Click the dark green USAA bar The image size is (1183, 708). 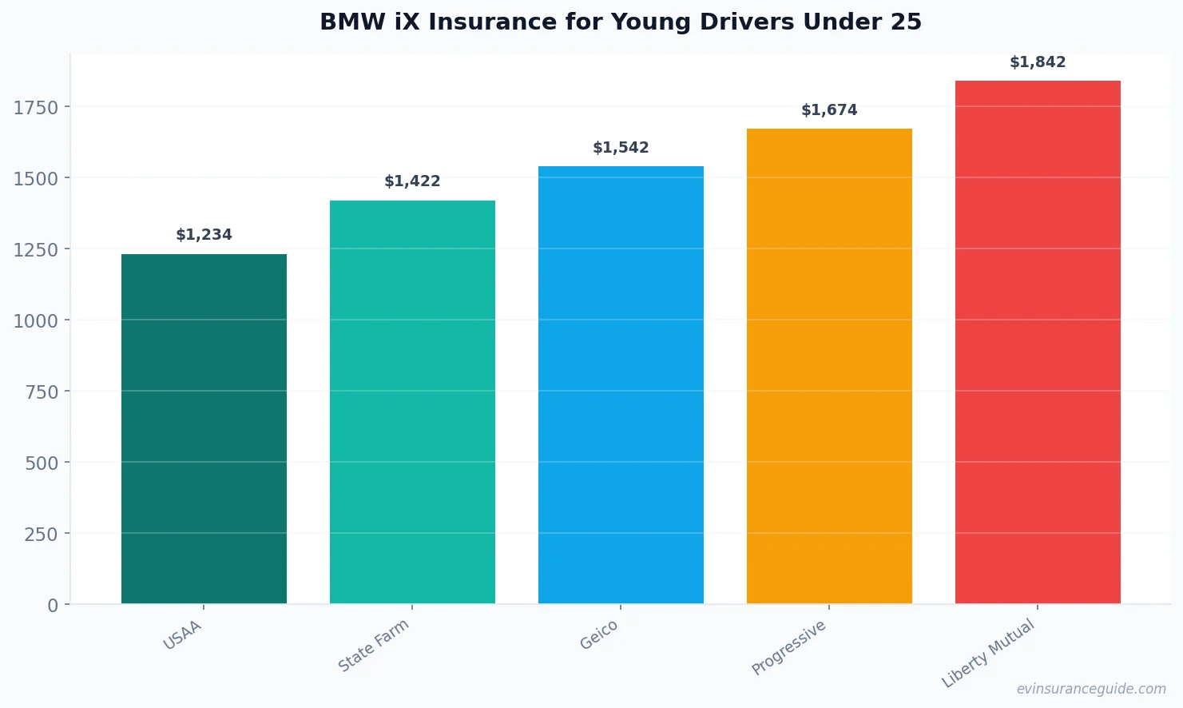pos(204,428)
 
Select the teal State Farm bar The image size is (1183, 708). pos(412,402)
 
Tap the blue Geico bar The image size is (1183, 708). pos(621,384)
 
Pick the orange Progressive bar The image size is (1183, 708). pos(829,366)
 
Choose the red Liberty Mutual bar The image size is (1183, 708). pos(1038,342)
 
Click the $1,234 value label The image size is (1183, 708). pos(204,235)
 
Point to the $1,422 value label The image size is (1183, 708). pos(412,181)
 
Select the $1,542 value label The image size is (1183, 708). pos(621,148)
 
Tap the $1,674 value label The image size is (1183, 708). pos(829,110)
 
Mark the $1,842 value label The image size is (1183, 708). pos(1038,62)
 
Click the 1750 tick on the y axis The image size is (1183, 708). pos(36,108)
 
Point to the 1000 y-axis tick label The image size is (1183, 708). pos(36,321)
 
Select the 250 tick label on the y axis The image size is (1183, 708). pos(41,535)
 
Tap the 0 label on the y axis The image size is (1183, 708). pos(53,606)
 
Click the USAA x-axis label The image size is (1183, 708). pos(183,635)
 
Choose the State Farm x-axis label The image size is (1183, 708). pos(374,646)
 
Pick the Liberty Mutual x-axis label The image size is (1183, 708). pos(988,654)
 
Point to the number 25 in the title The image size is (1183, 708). pos(906,22)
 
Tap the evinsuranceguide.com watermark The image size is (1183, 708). pos(1091,689)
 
